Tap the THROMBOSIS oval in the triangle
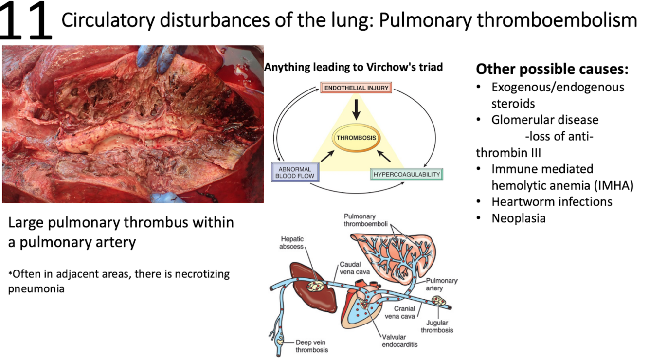pos(356,138)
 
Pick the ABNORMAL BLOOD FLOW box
pos(295,172)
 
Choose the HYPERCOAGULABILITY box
pos(406,174)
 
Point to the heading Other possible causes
pos(552,69)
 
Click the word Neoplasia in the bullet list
pos(518,218)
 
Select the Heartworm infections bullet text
pos(552,201)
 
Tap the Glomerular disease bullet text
pos(545,120)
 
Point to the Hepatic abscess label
pos(292,243)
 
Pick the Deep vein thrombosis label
pos(311,346)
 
